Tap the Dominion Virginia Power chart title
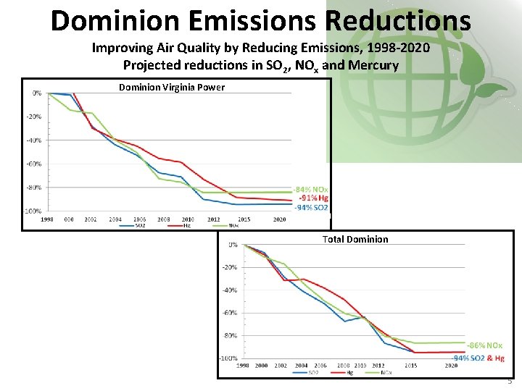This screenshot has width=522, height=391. [x=172, y=88]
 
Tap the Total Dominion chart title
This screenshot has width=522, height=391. [x=355, y=239]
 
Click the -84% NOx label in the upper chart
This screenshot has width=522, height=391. [x=311, y=190]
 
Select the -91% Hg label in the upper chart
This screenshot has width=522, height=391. [x=312, y=198]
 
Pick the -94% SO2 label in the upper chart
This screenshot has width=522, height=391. [x=311, y=208]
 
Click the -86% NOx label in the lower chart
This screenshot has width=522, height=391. [x=484, y=346]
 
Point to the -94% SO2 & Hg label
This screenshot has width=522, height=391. [x=478, y=358]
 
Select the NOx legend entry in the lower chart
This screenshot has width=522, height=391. [x=384, y=373]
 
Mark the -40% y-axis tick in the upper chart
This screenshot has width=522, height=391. [x=35, y=140]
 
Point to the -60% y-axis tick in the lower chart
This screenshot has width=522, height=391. [x=228, y=314]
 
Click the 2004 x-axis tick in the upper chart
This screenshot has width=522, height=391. [x=115, y=219]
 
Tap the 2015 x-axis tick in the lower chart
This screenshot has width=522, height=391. [x=410, y=366]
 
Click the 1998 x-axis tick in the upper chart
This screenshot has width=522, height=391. [x=47, y=219]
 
